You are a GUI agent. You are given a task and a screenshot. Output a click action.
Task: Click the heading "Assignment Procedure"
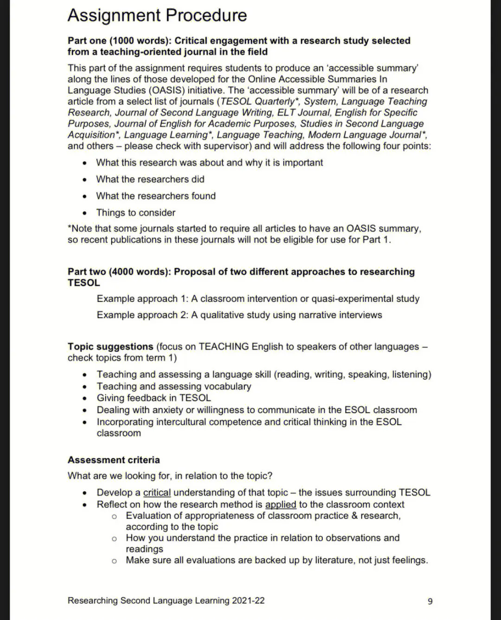pyautogui.click(x=157, y=15)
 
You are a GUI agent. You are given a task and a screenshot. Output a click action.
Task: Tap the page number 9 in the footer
pyautogui.click(x=430, y=601)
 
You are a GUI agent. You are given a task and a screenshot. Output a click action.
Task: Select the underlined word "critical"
pyautogui.click(x=157, y=493)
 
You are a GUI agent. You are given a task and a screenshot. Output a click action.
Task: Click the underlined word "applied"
pyautogui.click(x=280, y=505)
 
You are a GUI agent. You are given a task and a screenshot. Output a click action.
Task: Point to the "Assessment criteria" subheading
pyautogui.click(x=114, y=460)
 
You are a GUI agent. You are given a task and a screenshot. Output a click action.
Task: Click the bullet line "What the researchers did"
pyautogui.click(x=150, y=179)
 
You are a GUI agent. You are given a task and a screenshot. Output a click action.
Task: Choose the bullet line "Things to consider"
pyautogui.click(x=135, y=213)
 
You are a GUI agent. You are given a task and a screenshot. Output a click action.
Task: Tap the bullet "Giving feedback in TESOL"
pyautogui.click(x=154, y=398)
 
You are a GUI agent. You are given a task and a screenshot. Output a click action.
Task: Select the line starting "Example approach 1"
pyautogui.click(x=258, y=299)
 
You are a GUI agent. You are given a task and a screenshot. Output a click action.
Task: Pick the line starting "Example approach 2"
pyautogui.click(x=239, y=315)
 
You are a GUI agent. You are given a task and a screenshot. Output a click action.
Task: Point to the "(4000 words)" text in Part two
pyautogui.click(x=140, y=272)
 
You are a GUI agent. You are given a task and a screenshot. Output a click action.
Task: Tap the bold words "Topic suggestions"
pyautogui.click(x=110, y=347)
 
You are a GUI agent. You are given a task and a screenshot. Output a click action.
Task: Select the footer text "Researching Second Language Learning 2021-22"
pyautogui.click(x=166, y=601)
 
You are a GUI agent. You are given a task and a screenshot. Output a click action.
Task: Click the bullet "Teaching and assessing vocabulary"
pyautogui.click(x=173, y=386)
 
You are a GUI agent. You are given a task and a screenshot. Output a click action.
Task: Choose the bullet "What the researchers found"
pyautogui.click(x=156, y=196)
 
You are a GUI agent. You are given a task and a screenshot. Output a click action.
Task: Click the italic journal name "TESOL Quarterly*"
pyautogui.click(x=260, y=101)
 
